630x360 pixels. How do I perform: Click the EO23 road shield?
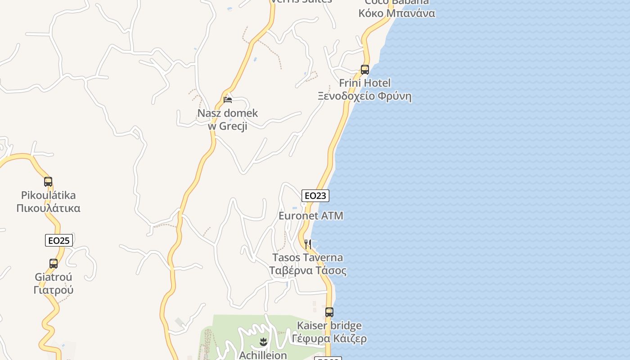(315, 195)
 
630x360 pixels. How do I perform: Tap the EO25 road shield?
(59, 240)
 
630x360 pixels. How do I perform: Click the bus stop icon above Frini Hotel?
(364, 70)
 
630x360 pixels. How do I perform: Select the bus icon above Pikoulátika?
(48, 182)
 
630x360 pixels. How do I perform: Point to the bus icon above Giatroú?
(54, 264)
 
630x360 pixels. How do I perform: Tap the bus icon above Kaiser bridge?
(329, 312)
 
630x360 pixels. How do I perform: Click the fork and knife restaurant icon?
(308, 244)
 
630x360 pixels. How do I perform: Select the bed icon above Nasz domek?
(228, 100)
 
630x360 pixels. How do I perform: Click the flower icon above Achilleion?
(263, 342)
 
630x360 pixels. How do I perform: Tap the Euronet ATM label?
(311, 216)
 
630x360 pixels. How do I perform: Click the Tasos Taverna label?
(308, 258)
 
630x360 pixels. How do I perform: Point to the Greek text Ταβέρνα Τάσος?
(308, 270)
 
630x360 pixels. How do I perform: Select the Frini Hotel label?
(364, 83)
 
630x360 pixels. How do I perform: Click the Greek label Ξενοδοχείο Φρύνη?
(364, 96)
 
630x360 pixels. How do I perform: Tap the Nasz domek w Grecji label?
(228, 119)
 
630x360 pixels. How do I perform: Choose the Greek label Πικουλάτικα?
(49, 208)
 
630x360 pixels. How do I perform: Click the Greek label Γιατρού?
(54, 290)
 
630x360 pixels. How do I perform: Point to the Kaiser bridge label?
(329, 325)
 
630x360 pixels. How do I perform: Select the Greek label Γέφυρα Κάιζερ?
(329, 338)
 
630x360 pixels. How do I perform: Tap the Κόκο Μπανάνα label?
(397, 13)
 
